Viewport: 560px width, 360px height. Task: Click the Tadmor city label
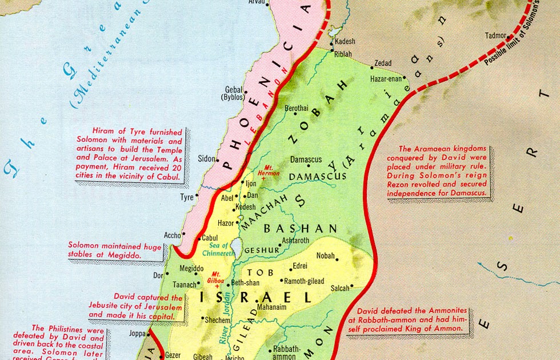pyautogui.click(x=495, y=35)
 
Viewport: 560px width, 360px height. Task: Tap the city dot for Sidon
pyautogui.click(x=217, y=159)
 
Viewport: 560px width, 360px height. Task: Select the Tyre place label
pyautogui.click(x=187, y=197)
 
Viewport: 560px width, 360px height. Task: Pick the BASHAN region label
pyautogui.click(x=301, y=229)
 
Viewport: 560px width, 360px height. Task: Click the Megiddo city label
pyautogui.click(x=191, y=269)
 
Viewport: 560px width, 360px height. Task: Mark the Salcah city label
pyautogui.click(x=339, y=288)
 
